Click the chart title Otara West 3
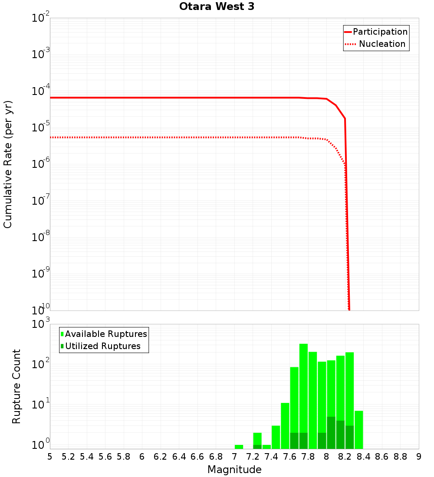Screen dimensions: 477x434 217,7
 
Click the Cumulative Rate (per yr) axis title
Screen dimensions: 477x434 8,164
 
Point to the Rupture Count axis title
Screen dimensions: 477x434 16,386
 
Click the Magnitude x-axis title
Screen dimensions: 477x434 234,470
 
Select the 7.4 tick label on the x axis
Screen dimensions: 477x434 271,457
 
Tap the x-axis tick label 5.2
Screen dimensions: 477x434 68,457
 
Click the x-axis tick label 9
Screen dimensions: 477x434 418,457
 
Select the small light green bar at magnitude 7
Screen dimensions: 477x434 239,447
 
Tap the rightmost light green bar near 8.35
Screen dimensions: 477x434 358,429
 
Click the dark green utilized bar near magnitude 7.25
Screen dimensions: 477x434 257,447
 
